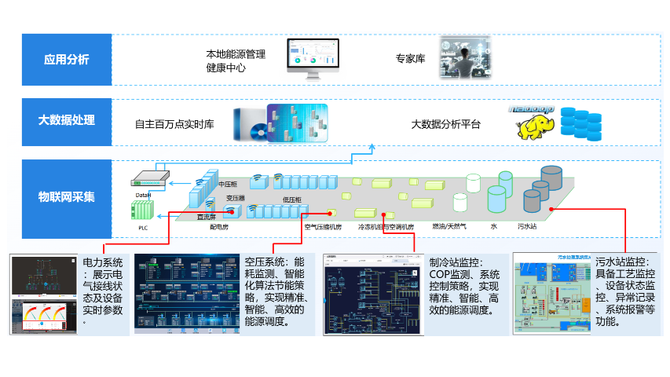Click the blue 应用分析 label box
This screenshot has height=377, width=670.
point(67,60)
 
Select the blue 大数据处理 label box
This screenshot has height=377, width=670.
point(67,120)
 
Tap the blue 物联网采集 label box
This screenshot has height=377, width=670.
point(67,196)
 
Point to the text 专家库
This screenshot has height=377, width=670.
point(410,59)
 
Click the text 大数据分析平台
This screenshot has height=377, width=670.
point(445,124)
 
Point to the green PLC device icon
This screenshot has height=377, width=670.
point(143,210)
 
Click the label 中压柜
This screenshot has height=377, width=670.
point(227,184)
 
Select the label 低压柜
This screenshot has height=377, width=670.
point(292,199)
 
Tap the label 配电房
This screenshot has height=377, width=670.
point(218,226)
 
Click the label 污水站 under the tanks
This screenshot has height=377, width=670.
point(527,226)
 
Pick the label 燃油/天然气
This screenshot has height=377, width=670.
point(448,226)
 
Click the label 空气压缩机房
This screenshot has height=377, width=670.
point(323,227)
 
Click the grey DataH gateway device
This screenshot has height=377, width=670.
point(148,180)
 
